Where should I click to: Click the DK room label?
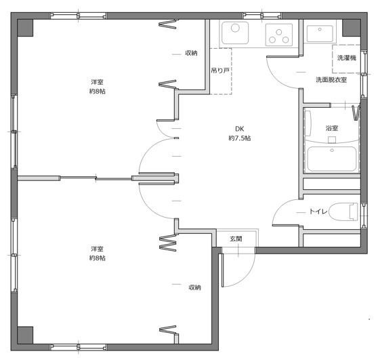tap(239, 129)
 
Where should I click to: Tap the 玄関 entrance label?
tap(236, 239)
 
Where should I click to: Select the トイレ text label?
tap(318, 212)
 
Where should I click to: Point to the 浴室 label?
tap(331, 128)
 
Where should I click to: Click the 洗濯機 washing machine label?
tap(347, 58)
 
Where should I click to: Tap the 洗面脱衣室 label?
tap(331, 79)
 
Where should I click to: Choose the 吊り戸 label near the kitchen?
tap(220, 71)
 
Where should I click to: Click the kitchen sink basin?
tap(235, 33)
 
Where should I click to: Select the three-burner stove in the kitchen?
tap(278, 35)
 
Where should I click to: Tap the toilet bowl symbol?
tap(343, 212)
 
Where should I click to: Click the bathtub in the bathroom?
tap(332, 159)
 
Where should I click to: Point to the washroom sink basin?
tap(320, 34)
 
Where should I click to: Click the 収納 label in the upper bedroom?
tap(191, 53)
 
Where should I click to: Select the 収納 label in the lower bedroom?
tap(195, 287)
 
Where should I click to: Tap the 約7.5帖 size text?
tap(239, 138)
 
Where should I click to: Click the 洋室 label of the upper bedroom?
tap(97, 82)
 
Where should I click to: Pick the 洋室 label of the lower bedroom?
tap(97, 249)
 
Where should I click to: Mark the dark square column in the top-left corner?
tap(25, 28)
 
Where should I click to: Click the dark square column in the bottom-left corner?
tap(25, 335)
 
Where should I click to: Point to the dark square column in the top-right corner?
tap(352, 28)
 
